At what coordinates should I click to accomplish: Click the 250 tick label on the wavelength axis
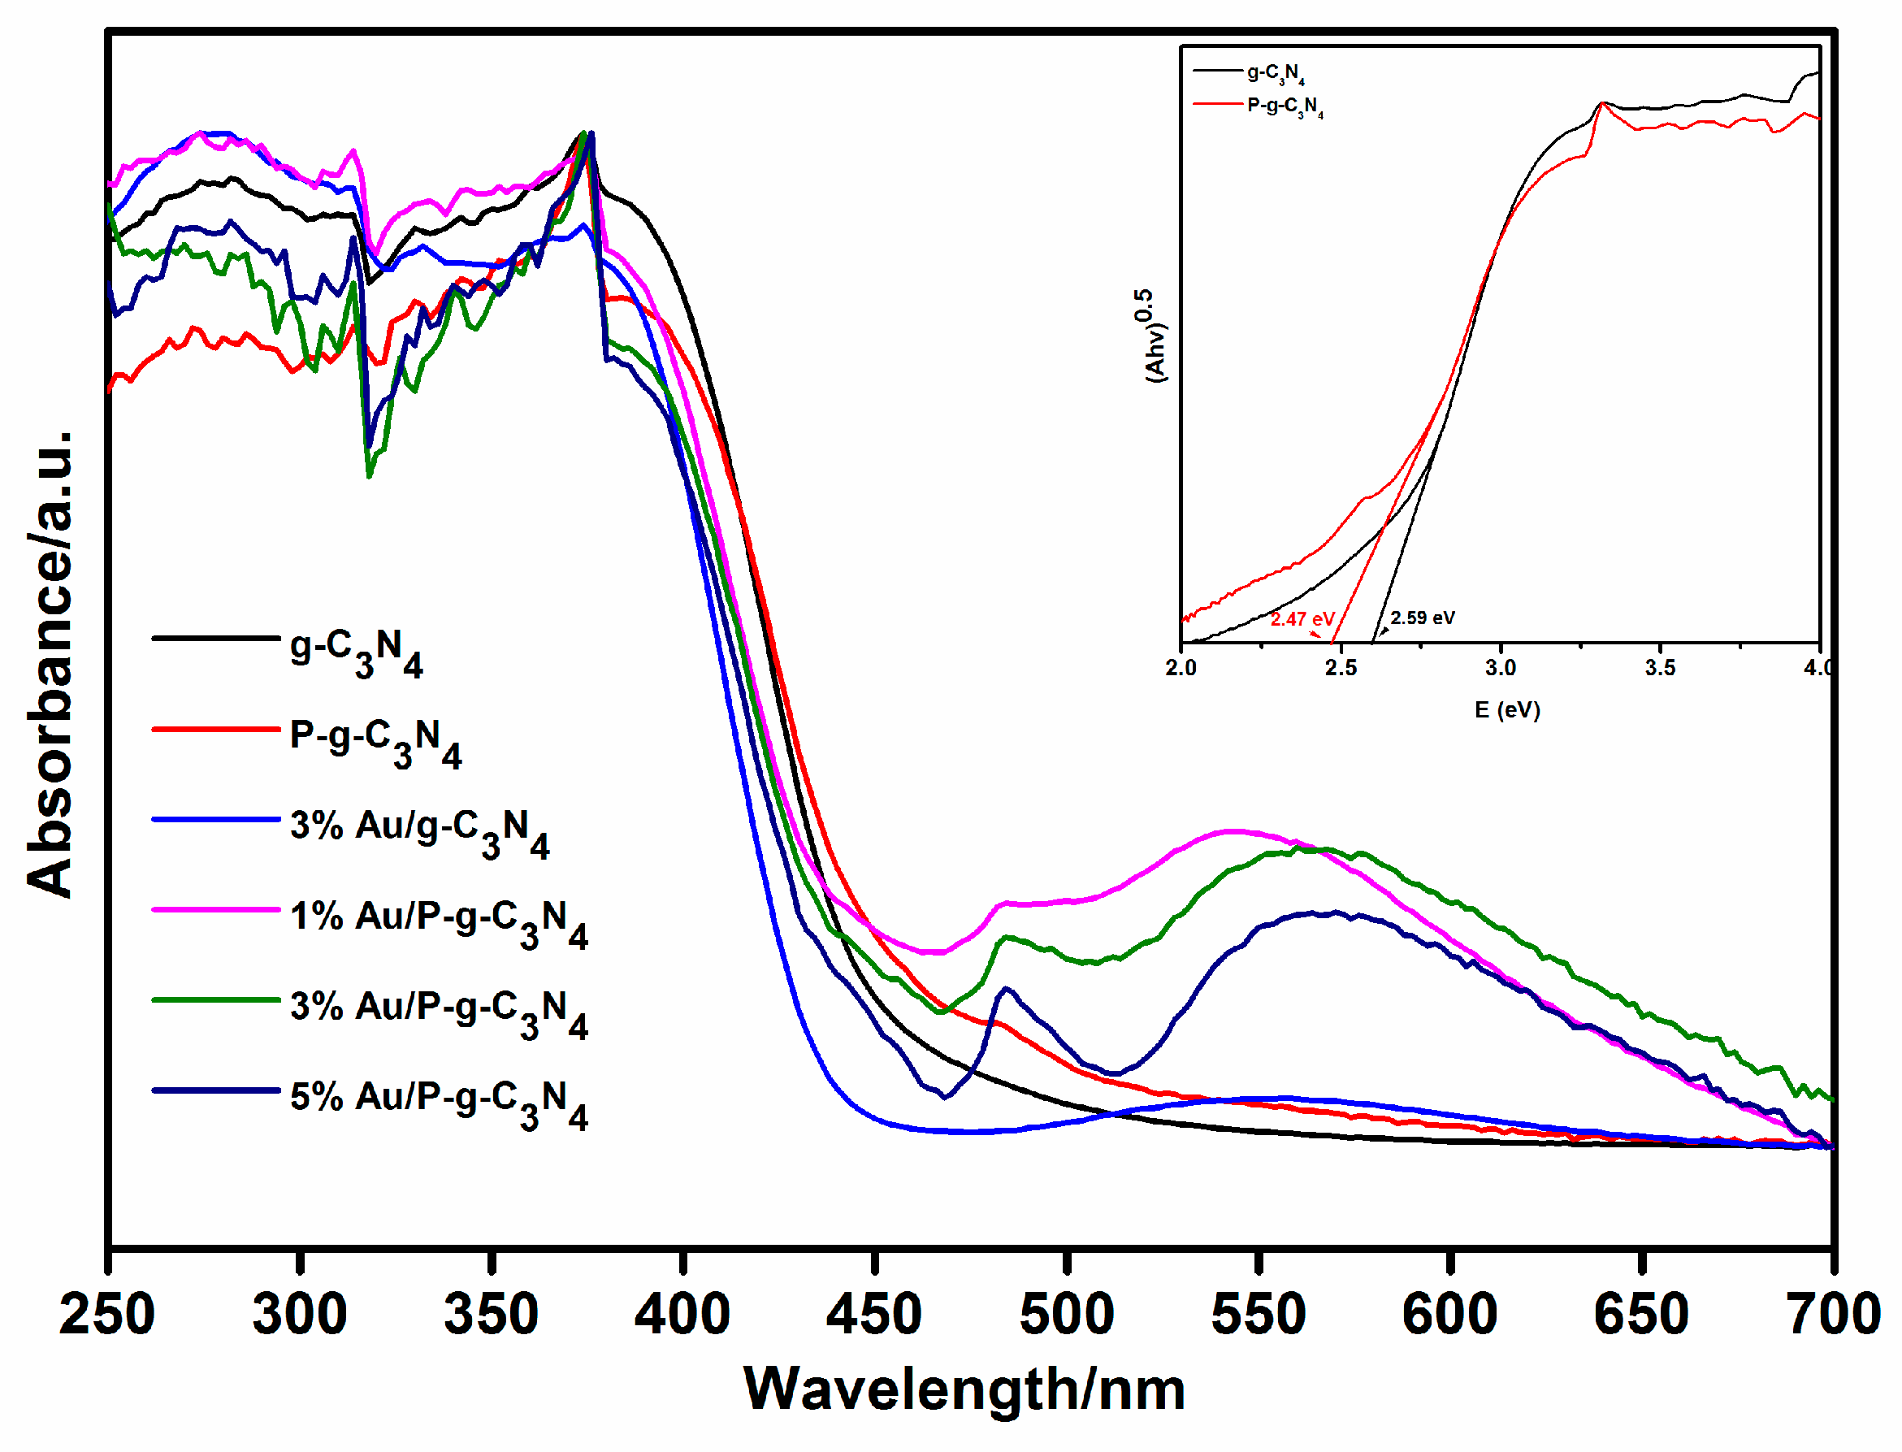(x=106, y=1315)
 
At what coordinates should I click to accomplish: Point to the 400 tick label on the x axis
(x=682, y=1315)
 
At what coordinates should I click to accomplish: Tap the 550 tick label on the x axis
(x=1259, y=1315)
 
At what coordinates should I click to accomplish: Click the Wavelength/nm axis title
(x=964, y=1392)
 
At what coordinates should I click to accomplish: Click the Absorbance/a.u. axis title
(x=50, y=665)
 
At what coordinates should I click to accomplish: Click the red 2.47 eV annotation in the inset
(x=1302, y=620)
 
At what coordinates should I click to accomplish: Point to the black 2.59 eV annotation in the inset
(x=1423, y=618)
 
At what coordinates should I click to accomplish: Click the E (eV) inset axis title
(x=1507, y=710)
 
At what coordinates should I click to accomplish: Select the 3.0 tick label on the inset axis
(x=1501, y=668)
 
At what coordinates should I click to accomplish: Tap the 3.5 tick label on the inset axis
(x=1660, y=668)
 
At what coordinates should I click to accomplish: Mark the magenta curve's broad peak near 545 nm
(x=1234, y=831)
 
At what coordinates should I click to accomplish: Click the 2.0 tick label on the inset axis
(x=1181, y=668)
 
